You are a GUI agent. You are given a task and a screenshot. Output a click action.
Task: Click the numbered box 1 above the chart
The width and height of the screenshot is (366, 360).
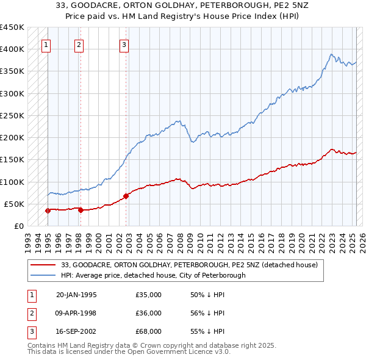47,44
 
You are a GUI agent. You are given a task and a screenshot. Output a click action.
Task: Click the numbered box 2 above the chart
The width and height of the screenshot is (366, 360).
79,44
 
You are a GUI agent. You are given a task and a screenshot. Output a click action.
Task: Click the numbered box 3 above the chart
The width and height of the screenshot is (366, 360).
124,44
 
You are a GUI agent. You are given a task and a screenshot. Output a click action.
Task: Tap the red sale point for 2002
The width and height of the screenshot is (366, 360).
126,196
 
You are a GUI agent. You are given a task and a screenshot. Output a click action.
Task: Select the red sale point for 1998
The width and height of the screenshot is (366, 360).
81,210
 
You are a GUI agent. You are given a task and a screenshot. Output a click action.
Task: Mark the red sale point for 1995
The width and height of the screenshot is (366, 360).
48,211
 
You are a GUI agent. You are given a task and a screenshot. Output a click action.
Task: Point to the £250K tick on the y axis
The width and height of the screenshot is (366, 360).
13,115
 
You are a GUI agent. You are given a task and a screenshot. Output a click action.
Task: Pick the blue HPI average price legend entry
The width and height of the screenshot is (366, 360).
152,275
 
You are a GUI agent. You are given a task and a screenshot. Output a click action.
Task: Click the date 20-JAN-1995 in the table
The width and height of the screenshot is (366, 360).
76,295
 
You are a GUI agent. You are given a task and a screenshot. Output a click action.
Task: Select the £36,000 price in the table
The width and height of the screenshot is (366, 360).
149,313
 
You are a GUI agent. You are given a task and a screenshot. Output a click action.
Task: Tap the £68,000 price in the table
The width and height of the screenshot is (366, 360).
149,331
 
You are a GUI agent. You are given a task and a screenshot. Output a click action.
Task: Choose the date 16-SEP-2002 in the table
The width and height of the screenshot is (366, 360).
76,331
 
